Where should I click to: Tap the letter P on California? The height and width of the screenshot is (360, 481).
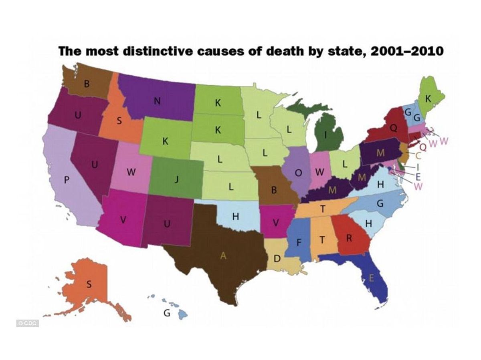67,181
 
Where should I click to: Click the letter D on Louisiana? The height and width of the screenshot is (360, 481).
276,259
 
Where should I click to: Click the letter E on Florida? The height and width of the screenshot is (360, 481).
371,278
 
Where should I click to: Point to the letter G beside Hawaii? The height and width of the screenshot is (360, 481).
167,314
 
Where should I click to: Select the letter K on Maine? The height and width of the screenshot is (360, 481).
428,99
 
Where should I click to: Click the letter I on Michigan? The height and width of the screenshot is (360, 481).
326,135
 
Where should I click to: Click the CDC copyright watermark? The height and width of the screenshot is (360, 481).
27,323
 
